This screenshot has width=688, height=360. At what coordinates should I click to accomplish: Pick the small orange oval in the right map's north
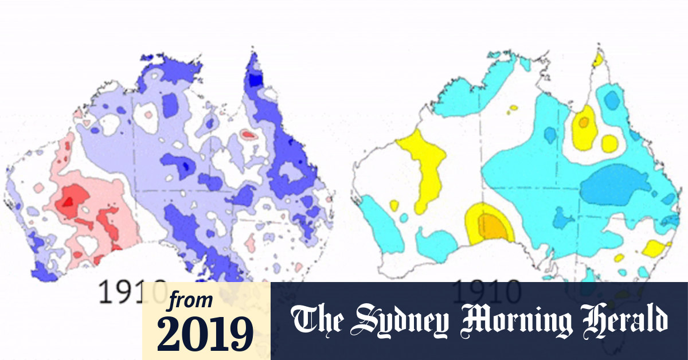(584, 122)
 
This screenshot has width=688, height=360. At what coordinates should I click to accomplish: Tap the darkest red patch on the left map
(67, 201)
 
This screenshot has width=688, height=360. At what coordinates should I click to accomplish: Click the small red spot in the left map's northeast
(248, 135)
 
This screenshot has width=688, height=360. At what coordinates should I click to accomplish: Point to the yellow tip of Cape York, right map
(599, 58)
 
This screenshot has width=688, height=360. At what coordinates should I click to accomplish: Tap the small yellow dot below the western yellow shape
(394, 205)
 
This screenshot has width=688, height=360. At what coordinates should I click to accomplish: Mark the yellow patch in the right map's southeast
(655, 248)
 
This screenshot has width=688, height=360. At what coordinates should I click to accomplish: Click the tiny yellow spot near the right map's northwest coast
(513, 107)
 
